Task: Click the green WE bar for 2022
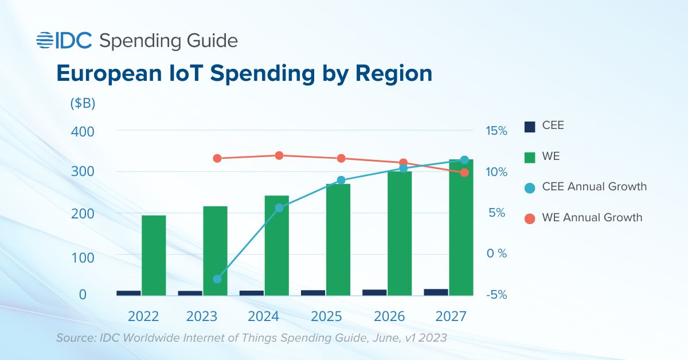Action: pos(154,255)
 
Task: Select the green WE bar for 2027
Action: pos(460,228)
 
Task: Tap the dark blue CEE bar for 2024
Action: pos(252,293)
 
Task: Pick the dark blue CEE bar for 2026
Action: pos(374,292)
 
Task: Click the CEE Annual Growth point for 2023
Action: pos(217,279)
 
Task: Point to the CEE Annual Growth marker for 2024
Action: pos(279,208)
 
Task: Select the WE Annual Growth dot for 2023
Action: pos(217,158)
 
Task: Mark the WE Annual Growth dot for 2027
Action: pos(464,173)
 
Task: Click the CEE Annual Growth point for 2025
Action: pos(341,180)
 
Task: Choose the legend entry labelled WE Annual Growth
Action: pos(592,218)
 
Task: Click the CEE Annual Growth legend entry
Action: pos(594,187)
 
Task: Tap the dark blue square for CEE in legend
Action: pos(530,126)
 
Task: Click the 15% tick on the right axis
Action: pos(497,131)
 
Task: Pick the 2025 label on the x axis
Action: pos(329,316)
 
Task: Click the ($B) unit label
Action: pos(83,104)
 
